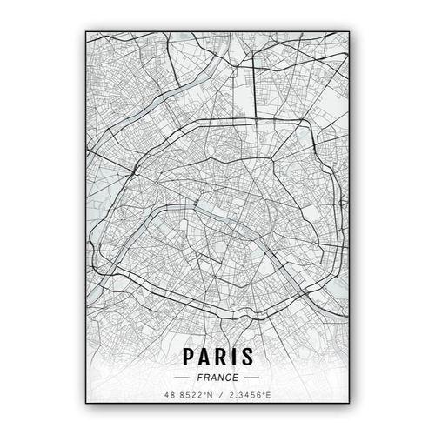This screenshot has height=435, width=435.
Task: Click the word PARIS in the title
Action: [217, 357]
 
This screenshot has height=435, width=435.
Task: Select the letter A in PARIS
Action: [204, 357]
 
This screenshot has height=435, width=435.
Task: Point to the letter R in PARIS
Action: [219, 357]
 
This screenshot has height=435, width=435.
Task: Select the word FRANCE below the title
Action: [217, 378]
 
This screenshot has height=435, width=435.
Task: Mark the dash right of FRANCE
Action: [251, 378]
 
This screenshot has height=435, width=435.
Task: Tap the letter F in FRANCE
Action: [199, 378]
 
